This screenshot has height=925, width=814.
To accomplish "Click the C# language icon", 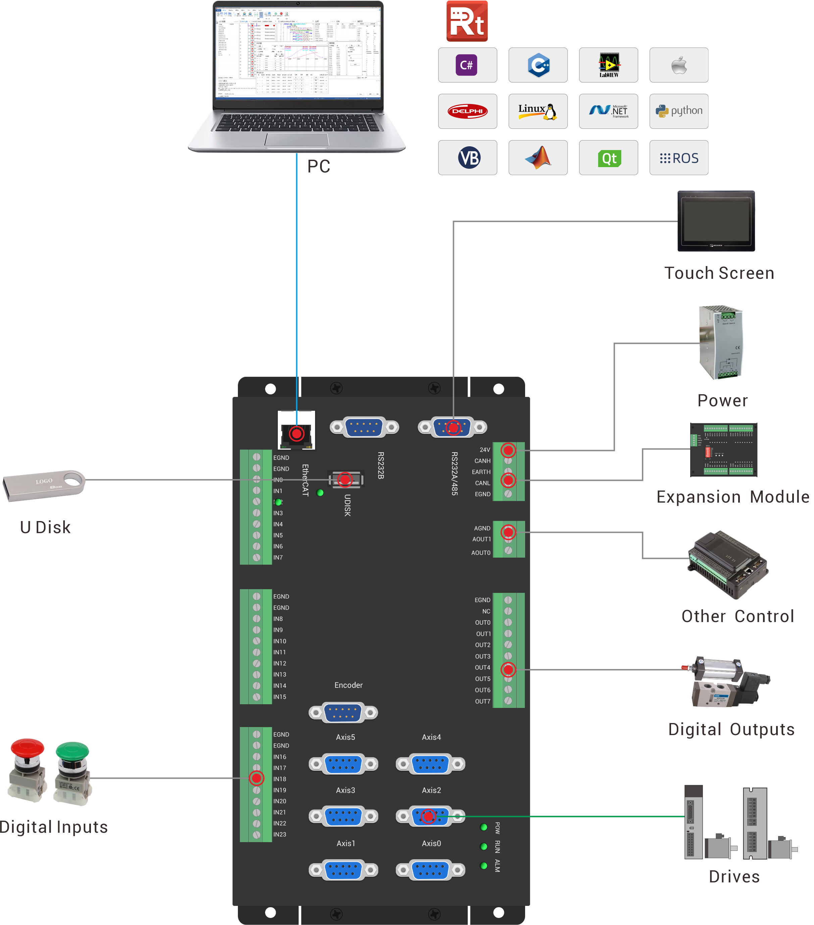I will tap(467, 65).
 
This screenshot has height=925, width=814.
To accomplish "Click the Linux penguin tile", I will tap(538, 111).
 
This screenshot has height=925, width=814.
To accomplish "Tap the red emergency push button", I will tap(28, 770).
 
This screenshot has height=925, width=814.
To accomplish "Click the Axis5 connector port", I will tap(343, 764).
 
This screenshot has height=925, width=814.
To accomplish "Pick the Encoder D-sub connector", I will tap(343, 713).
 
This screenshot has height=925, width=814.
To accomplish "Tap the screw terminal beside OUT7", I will tap(508, 701).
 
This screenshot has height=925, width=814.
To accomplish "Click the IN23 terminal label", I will tap(279, 834).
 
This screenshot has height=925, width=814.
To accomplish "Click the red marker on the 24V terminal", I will tap(508, 450).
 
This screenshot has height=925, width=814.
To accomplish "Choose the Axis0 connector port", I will tap(430, 869).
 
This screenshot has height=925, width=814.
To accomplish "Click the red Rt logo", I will tap(467, 21).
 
